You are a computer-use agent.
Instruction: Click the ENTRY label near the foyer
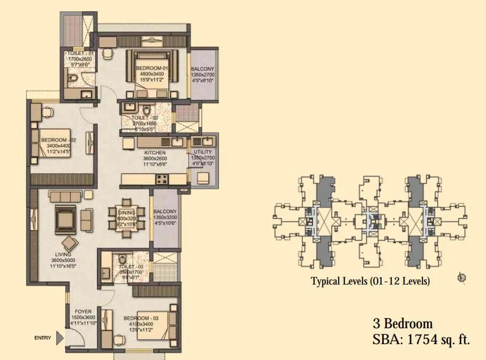[43, 338]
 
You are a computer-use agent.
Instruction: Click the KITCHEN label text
[154, 153]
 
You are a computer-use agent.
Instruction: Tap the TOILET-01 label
[78, 53]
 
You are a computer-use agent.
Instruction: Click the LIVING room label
[64, 255]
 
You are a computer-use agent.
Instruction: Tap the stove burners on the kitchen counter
[161, 179]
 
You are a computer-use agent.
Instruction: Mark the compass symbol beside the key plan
[461, 278]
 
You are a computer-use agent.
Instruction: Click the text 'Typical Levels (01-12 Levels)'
[370, 281]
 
